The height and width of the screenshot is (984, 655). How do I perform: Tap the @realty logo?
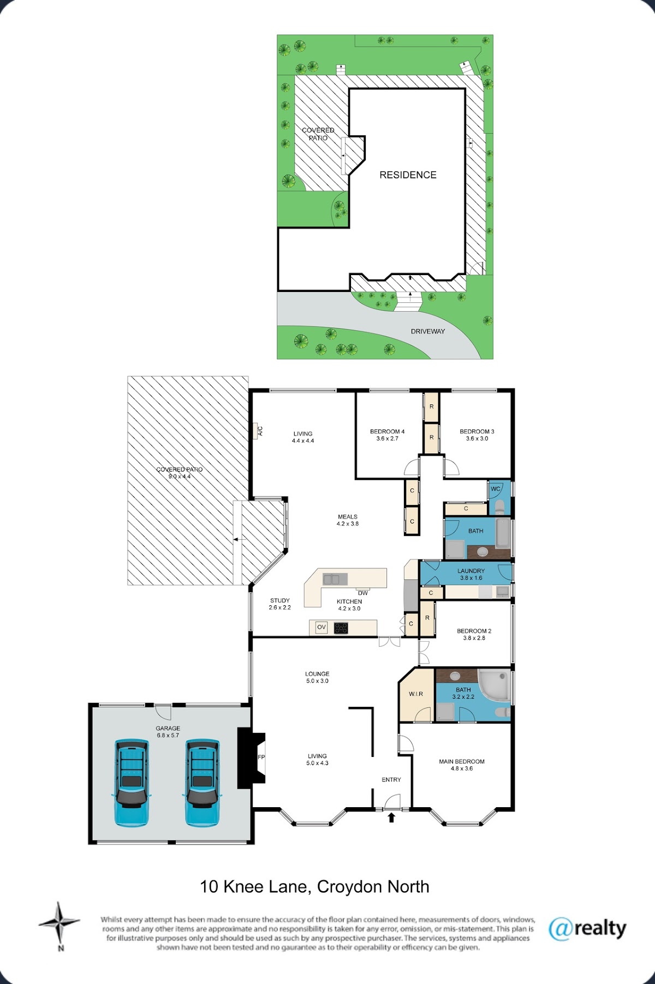tap(587, 928)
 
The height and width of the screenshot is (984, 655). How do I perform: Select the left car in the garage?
tap(131, 782)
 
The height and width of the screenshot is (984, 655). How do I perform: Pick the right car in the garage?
tap(203, 782)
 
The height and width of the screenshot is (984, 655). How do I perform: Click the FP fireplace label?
tap(261, 757)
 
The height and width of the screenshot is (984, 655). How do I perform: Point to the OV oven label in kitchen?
tap(321, 627)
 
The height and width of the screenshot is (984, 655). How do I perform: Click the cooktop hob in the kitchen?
tap(341, 628)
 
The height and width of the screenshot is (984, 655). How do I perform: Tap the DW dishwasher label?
tap(363, 593)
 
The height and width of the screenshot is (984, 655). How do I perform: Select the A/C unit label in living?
tap(260, 431)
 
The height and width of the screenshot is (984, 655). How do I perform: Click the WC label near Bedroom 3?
tap(496, 488)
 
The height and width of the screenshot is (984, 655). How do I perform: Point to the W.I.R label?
tap(416, 694)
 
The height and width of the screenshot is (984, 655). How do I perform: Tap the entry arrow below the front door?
tap(391, 817)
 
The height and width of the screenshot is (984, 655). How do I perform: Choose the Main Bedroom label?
tap(462, 765)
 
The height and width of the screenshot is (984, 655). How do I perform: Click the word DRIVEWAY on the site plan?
tap(428, 331)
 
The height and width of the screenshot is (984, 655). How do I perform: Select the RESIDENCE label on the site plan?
tap(408, 175)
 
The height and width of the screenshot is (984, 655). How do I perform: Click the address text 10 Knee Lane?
tap(254, 887)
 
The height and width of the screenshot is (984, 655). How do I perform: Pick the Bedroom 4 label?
tap(388, 435)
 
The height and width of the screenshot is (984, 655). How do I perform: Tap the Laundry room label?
tap(471, 574)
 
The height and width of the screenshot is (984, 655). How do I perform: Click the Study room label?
tap(280, 604)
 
